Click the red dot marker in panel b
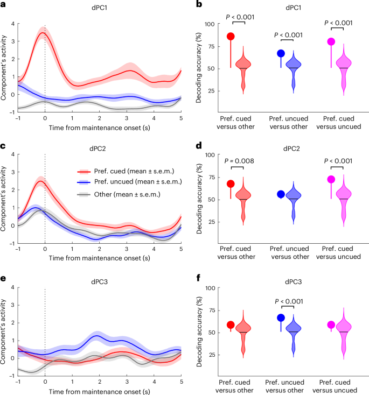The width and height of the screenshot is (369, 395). click(x=231, y=37)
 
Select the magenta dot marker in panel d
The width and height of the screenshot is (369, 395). click(x=331, y=179)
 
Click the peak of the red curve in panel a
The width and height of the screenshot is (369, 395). click(x=43, y=33)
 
